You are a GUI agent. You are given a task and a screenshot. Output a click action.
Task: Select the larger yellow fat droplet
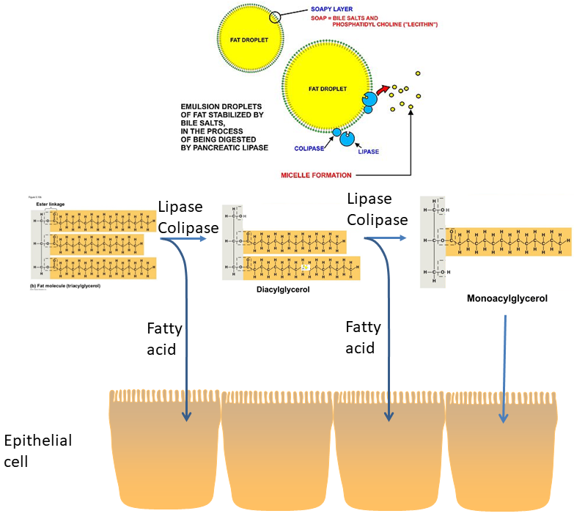pos(322,88)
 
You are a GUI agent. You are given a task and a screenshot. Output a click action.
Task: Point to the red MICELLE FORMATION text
pos(316,175)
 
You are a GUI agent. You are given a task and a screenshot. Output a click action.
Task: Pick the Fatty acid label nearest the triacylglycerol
pos(161,339)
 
